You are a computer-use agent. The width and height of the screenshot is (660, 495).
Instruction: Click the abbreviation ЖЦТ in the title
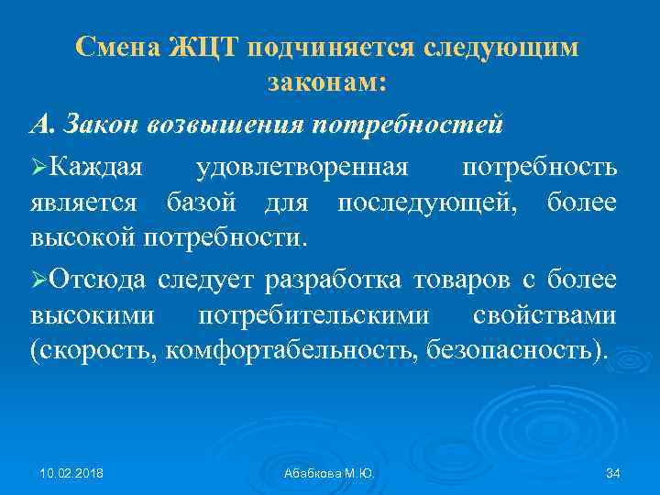pos(203,47)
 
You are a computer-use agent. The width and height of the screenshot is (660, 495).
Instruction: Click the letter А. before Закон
pos(42,123)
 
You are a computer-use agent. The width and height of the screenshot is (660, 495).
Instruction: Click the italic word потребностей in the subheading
pos(407,123)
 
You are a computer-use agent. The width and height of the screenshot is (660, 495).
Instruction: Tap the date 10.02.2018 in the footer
pos(72,472)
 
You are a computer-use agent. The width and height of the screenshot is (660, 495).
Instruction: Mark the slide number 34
pos(613,472)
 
